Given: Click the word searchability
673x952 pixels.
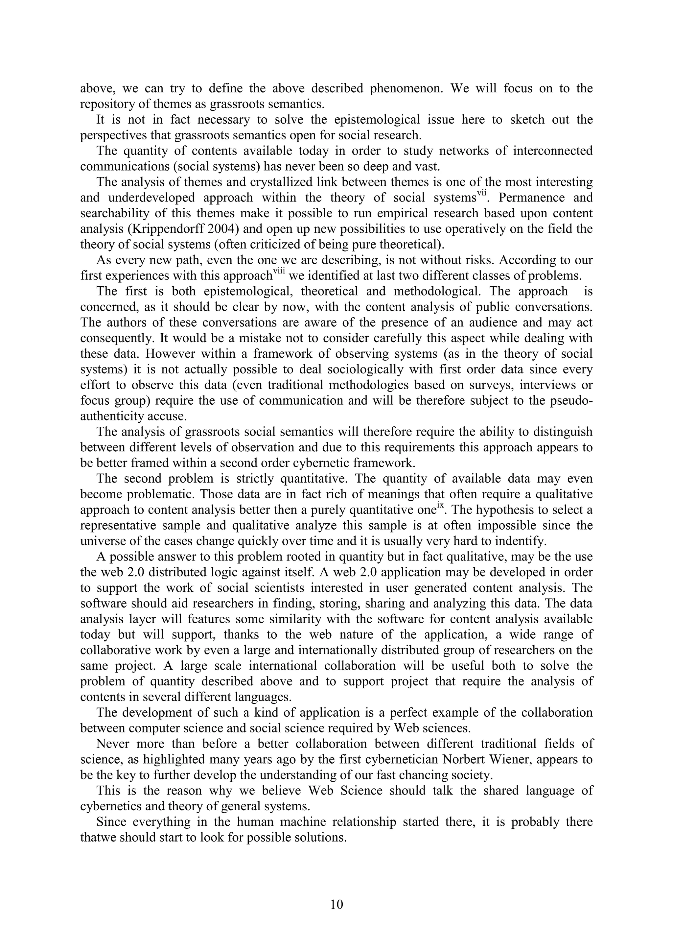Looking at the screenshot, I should [108, 213].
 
